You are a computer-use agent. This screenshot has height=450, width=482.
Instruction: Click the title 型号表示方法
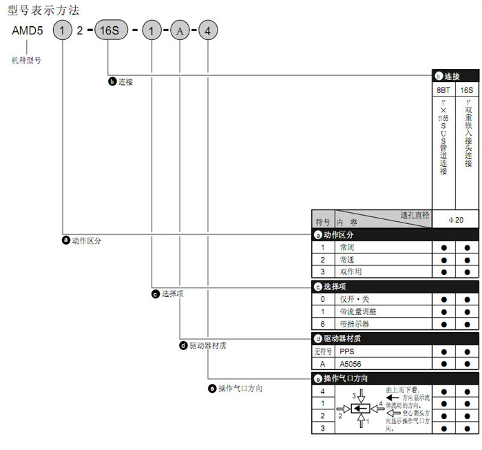(x=43, y=10)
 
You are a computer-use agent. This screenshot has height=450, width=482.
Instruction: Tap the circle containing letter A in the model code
(x=179, y=32)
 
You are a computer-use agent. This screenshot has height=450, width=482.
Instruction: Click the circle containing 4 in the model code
(x=207, y=32)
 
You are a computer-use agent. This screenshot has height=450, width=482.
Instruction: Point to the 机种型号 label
(x=27, y=61)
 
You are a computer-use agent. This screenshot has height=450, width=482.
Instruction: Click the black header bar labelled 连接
(x=454, y=76)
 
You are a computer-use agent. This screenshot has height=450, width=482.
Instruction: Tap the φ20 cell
(x=455, y=219)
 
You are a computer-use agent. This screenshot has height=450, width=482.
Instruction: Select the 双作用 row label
(x=350, y=272)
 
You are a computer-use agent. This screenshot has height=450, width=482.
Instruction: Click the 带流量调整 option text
(x=357, y=311)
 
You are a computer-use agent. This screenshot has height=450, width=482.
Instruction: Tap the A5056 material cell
(x=351, y=364)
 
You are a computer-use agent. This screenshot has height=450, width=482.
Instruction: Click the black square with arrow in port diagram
(x=359, y=409)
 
